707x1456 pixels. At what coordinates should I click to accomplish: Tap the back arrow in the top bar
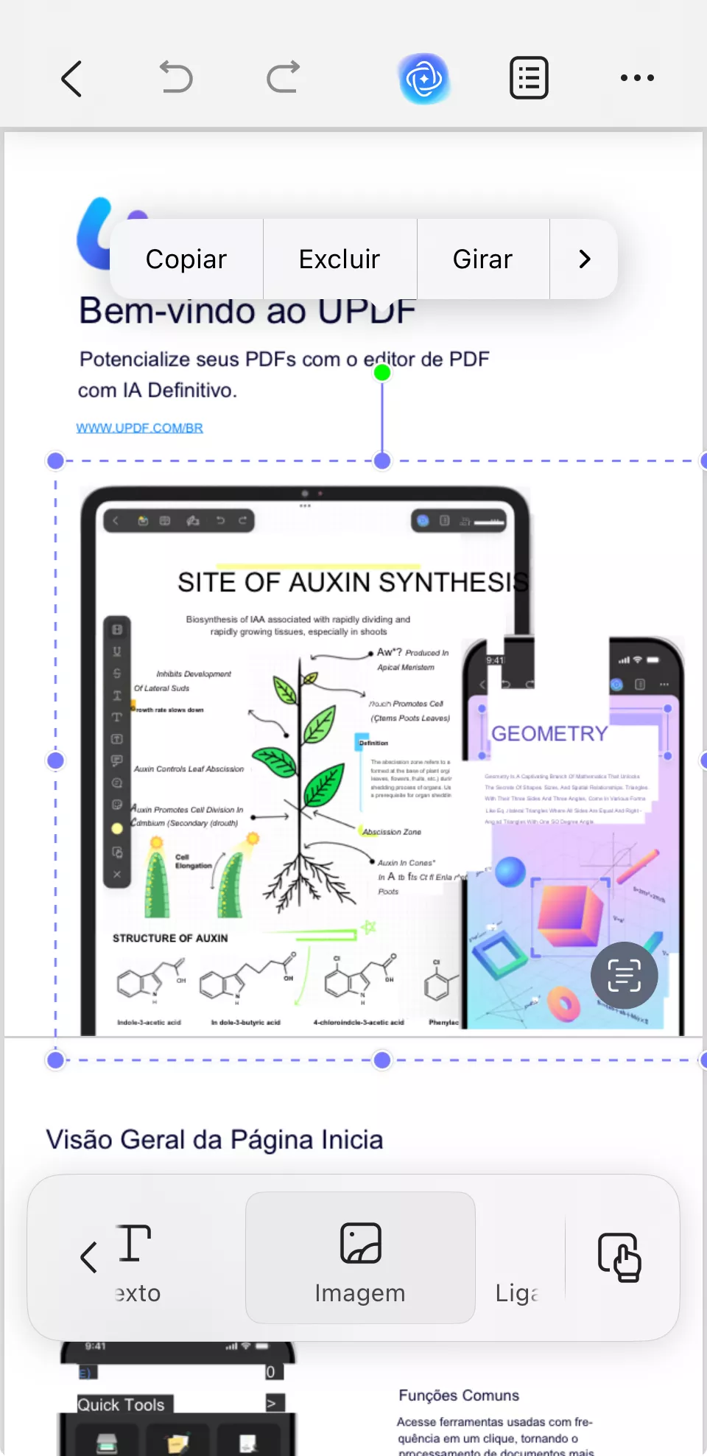71,78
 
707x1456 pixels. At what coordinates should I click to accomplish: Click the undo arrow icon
177,77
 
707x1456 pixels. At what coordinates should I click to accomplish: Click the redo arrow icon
283,77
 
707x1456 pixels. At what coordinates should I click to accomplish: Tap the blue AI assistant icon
424,78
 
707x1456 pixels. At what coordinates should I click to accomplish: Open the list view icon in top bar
529,77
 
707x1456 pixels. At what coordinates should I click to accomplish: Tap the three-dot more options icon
637,77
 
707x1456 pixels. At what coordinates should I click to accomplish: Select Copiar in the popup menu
186,259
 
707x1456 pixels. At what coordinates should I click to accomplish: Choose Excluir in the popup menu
340,259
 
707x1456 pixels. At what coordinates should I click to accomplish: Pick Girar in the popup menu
482,259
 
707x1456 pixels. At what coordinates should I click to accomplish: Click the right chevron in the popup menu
585,259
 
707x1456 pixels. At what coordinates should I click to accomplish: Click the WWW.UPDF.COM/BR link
140,428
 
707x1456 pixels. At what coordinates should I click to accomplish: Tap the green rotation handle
382,373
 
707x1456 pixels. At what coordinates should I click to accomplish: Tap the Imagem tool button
360,1257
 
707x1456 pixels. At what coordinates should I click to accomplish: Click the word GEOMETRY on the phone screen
549,734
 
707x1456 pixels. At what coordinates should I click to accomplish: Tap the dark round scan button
624,976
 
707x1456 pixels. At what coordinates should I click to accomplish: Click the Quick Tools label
122,1404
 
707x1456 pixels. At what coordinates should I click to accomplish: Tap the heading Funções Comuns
459,1396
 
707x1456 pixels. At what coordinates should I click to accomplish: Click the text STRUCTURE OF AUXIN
170,938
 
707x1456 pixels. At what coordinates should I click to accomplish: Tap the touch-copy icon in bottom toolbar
619,1257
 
